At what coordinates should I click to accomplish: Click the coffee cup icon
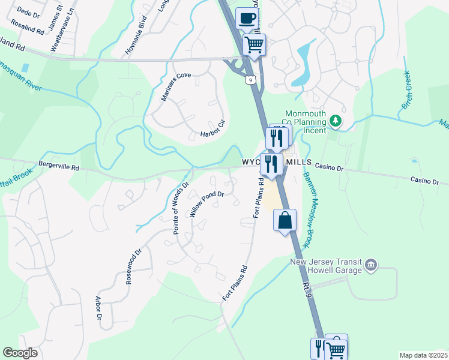click(x=246, y=18)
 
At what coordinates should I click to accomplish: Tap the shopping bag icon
click(x=285, y=220)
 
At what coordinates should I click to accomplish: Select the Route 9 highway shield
click(x=250, y=79)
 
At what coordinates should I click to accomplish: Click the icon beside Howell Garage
click(x=370, y=265)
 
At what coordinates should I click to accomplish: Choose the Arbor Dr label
click(x=98, y=308)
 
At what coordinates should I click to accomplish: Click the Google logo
click(x=20, y=353)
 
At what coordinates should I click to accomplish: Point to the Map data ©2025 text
click(x=423, y=355)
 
